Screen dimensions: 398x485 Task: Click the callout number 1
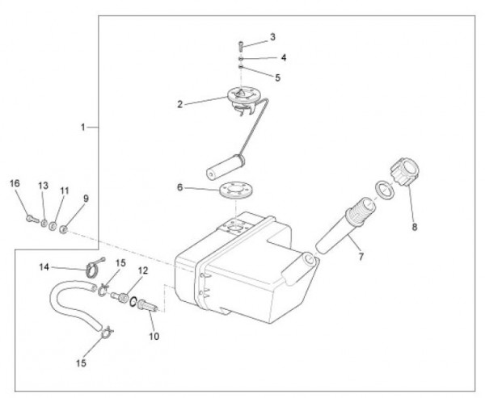click(83, 128)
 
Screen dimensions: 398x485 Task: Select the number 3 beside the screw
click(272, 37)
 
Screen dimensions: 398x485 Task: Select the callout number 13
click(43, 186)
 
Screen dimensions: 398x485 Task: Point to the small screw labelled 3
click(241, 44)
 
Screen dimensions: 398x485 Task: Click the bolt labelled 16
click(28, 217)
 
